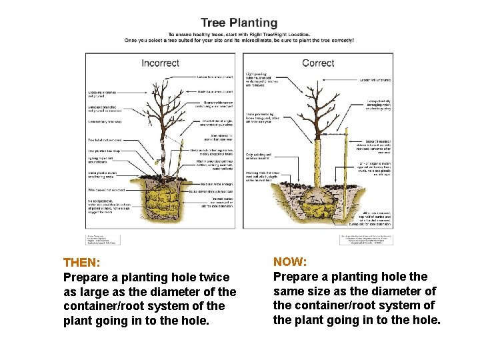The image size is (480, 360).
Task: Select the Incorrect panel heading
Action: (160, 63)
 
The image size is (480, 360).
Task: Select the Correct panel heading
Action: (318, 63)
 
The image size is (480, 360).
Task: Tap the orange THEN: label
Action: (81, 263)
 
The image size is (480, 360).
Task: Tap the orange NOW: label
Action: (290, 262)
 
